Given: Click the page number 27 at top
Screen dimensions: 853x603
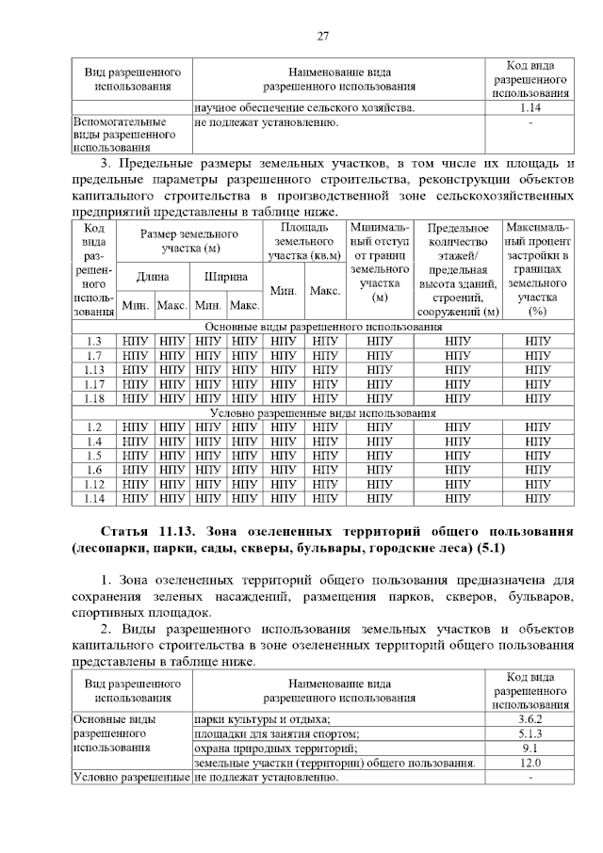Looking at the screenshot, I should [x=322, y=36].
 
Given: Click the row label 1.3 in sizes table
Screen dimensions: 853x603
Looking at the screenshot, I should [x=93, y=341].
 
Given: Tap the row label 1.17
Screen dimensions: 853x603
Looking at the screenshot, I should [x=93, y=383].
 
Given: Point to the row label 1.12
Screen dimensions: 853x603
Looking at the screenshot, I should [x=93, y=484].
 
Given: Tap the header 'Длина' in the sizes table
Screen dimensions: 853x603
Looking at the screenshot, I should [x=153, y=277].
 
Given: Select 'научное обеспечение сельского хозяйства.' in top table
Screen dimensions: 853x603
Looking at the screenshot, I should [x=304, y=108].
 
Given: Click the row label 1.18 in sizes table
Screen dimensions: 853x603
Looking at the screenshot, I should [x=93, y=398].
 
